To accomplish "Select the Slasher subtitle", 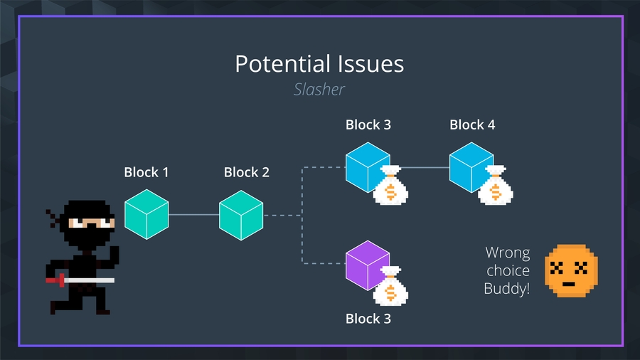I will pos(319,90).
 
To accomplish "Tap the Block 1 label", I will pos(146,172).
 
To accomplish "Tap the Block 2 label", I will pos(246,172).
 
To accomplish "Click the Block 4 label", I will pos(472,125).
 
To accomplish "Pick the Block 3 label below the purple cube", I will pos(368,319).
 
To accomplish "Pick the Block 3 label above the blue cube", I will pos(368,125).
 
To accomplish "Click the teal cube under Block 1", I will pos(146,214).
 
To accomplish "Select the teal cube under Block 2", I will pos(241,214).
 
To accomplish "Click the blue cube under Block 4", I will pos(471,167).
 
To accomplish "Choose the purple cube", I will pos(368,267).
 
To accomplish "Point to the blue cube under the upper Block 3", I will pos(368,167).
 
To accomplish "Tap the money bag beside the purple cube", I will pos(390,288).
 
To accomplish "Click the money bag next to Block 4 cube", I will pos(495,186).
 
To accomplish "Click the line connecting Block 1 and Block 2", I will pos(193,214).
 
